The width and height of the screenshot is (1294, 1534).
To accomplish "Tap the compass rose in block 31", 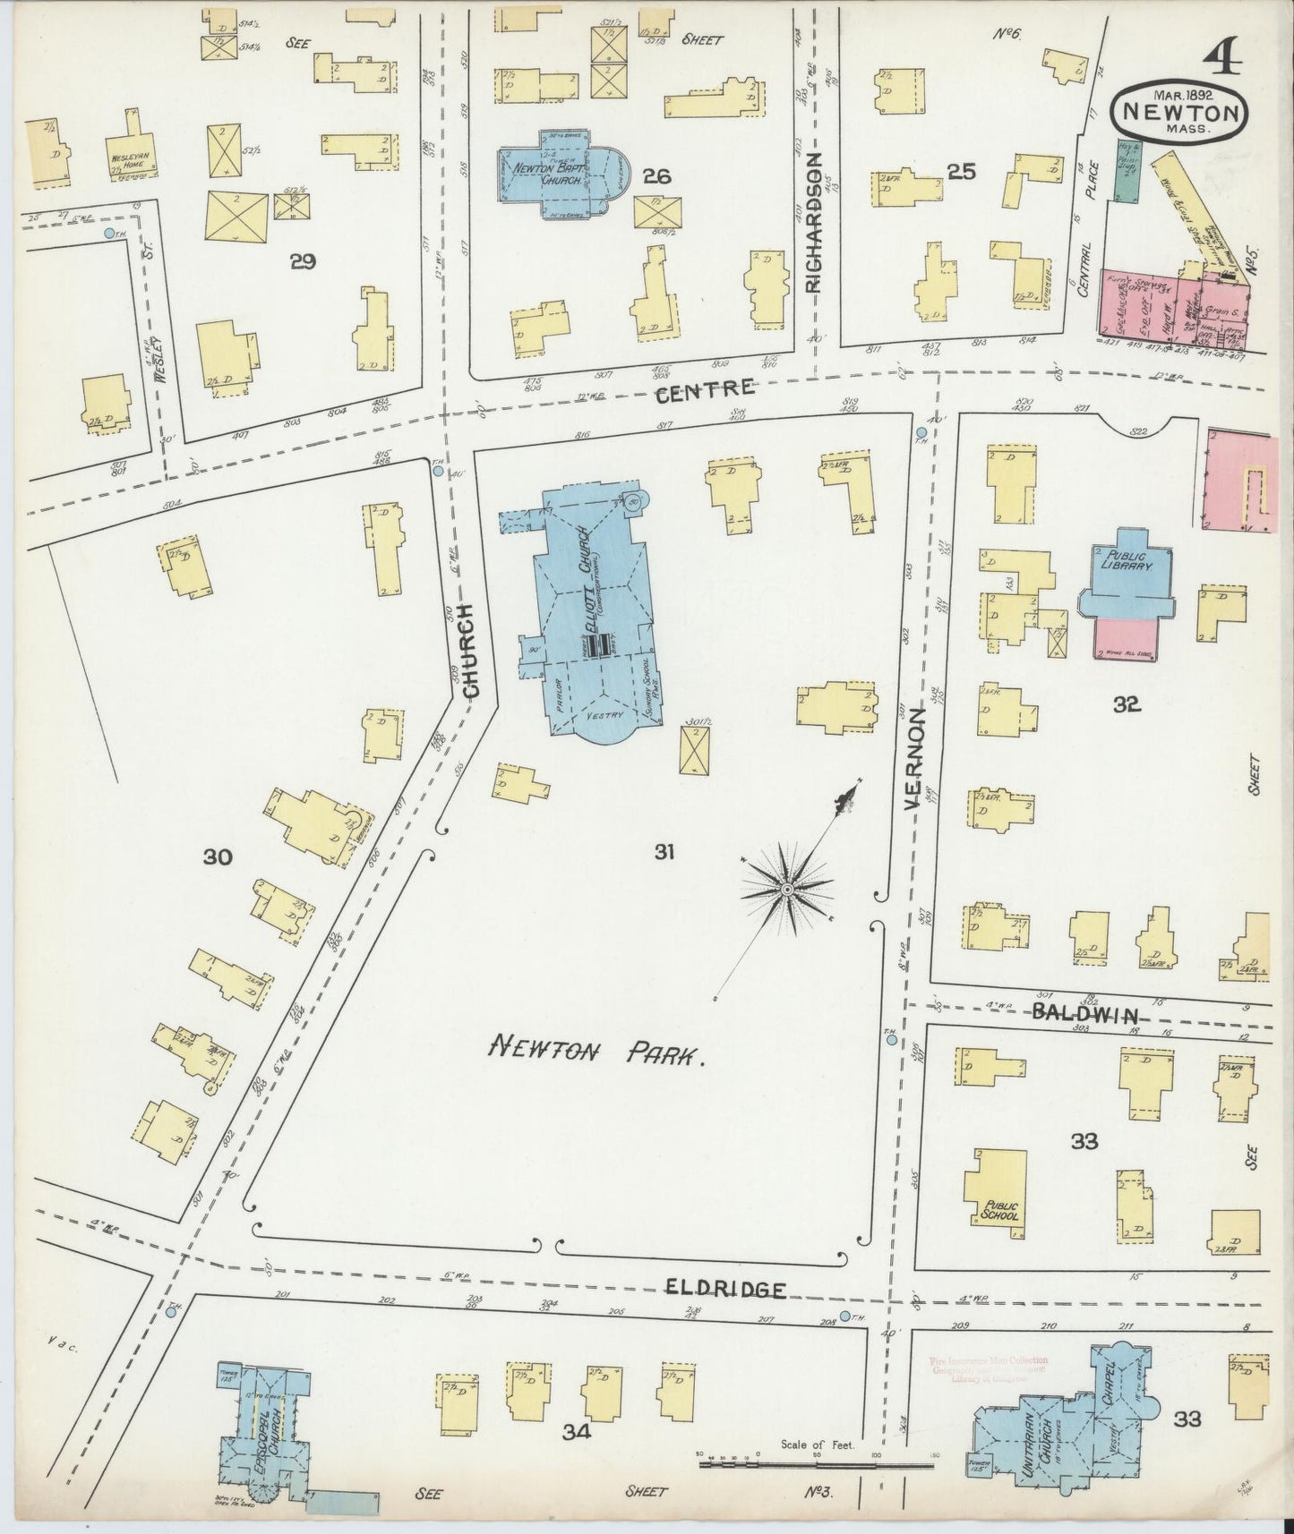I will click(x=785, y=889).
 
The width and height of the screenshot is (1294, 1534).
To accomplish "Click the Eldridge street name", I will click(x=726, y=1289).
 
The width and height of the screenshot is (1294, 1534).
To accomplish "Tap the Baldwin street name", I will click(x=1084, y=1015).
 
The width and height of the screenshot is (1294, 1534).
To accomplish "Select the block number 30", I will click(x=217, y=857).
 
